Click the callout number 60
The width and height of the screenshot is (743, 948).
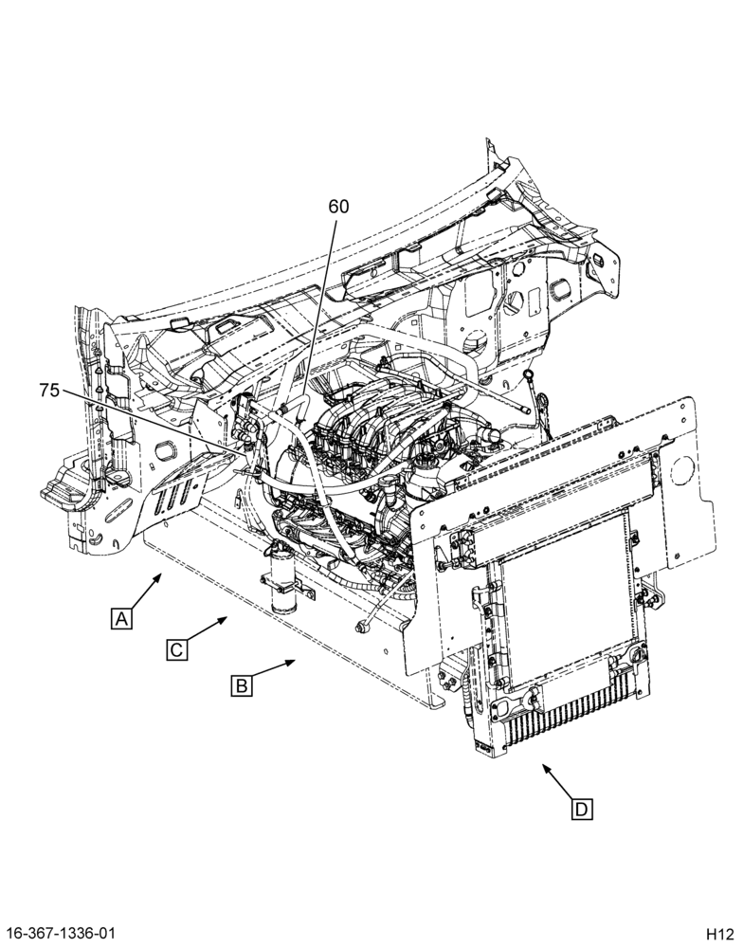click(x=338, y=207)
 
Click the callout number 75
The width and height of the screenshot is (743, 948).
click(x=49, y=391)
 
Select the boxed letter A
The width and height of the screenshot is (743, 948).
click(x=121, y=619)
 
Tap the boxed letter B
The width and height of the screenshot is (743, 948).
click(x=242, y=686)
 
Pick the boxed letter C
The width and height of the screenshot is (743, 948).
click(x=176, y=650)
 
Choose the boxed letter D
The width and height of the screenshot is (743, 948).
click(x=582, y=809)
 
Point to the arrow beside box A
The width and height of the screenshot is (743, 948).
click(x=145, y=591)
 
